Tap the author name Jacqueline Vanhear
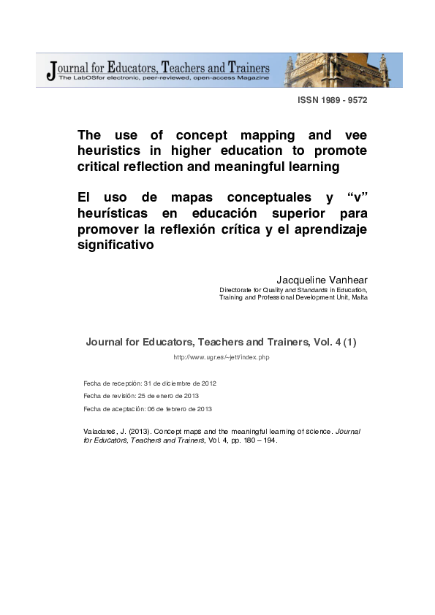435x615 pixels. pyautogui.click(x=322, y=280)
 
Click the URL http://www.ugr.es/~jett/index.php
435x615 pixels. pyautogui.click(x=222, y=356)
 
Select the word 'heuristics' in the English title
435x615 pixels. pyautogui.click(x=114, y=151)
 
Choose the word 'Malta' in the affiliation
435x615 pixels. pyautogui.click(x=358, y=297)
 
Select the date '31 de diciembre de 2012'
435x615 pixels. pyautogui.click(x=180, y=383)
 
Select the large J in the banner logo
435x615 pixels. pyautogui.click(x=50, y=71)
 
